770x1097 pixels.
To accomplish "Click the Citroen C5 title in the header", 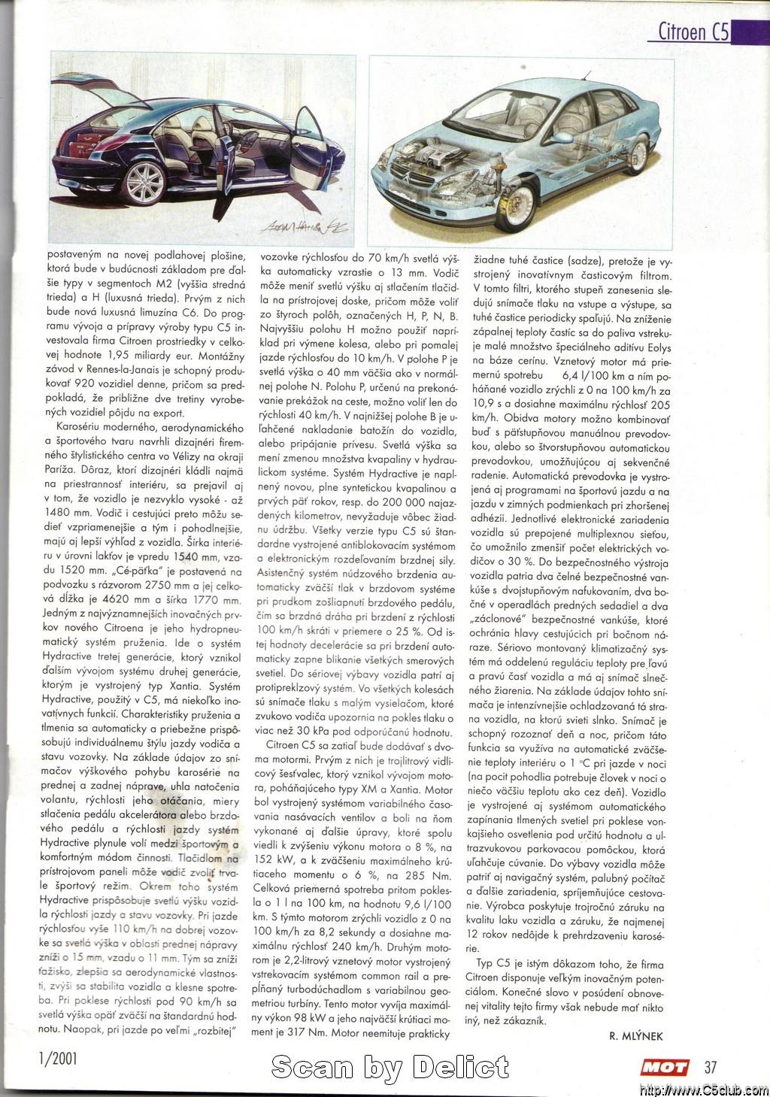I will [x=693, y=31].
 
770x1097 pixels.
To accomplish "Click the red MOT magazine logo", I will [x=664, y=1067].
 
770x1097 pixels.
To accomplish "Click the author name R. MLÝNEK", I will [x=636, y=1035].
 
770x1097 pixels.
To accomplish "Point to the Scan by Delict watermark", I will [x=390, y=1066].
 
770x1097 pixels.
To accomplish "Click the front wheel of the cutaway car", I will [x=516, y=205].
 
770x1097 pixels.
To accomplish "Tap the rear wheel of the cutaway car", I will [x=636, y=154].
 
